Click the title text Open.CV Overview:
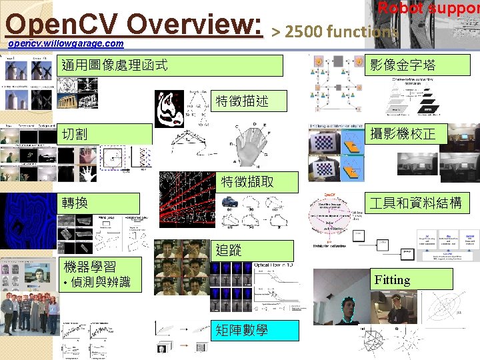coord(133,25)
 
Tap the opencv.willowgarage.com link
coord(65,44)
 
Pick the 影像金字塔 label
coord(420,65)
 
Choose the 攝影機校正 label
coord(420,134)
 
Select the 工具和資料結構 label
coord(420,203)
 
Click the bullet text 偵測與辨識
coord(97,283)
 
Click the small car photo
coord(231,201)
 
